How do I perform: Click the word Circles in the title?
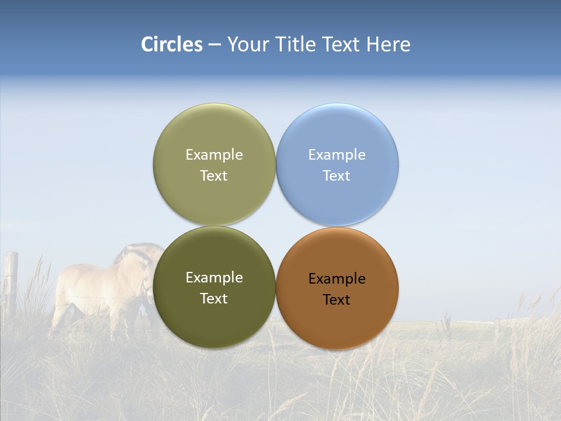(171, 44)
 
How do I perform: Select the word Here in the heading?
(388, 44)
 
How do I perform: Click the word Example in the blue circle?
(337, 155)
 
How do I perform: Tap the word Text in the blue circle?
(337, 176)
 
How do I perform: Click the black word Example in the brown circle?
(337, 279)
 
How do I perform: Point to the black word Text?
(337, 300)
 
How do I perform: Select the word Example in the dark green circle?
(214, 278)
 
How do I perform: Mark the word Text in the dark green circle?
(214, 299)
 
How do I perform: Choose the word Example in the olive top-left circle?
(214, 155)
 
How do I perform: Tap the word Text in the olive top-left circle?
(214, 176)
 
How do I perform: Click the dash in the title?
(214, 45)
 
